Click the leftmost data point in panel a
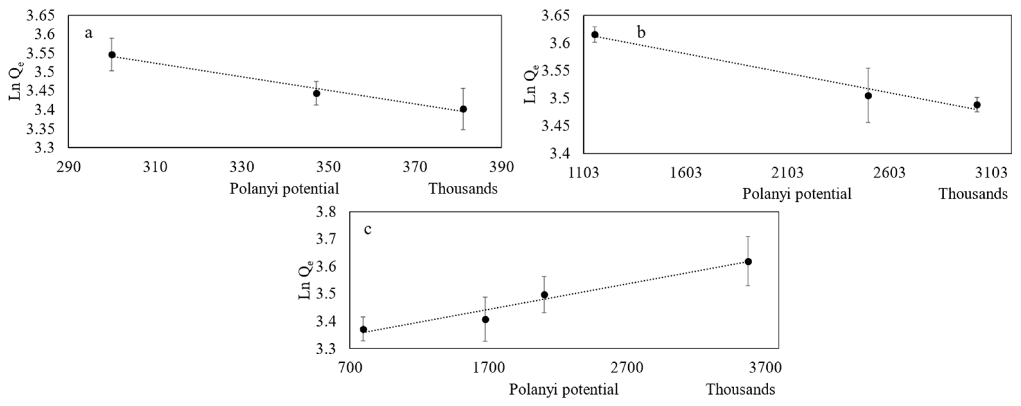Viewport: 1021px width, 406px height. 112,55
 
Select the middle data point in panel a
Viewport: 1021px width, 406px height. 316,93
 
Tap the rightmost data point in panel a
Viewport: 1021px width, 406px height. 463,109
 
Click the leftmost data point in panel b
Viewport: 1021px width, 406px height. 595,34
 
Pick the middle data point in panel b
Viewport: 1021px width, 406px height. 868,95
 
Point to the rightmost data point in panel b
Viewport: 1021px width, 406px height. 977,105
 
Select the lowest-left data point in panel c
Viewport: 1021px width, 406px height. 363,329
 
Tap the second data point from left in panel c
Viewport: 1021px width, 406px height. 485,319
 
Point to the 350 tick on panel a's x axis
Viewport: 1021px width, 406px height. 328,167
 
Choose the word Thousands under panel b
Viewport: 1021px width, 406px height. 973,194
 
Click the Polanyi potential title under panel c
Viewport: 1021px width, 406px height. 563,389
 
